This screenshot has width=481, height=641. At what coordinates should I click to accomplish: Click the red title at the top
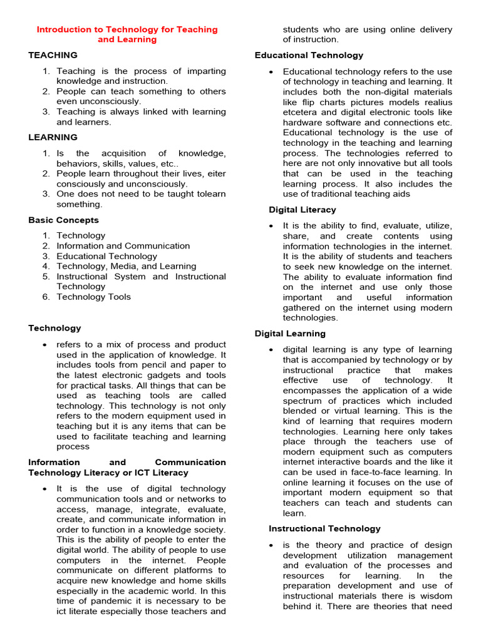tap(127, 34)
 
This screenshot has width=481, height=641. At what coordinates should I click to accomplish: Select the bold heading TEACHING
tap(53, 55)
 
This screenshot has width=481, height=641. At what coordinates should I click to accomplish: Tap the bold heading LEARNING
tap(53, 137)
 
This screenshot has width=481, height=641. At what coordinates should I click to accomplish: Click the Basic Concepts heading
tap(63, 220)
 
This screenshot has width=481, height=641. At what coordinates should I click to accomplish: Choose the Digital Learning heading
tap(290, 334)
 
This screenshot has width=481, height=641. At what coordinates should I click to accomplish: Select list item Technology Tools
tap(94, 297)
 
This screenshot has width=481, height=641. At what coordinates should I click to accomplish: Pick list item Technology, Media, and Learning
tap(127, 266)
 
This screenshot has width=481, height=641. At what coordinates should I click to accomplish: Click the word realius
tap(436, 102)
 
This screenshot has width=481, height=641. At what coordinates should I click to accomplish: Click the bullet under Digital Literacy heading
tap(271, 226)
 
